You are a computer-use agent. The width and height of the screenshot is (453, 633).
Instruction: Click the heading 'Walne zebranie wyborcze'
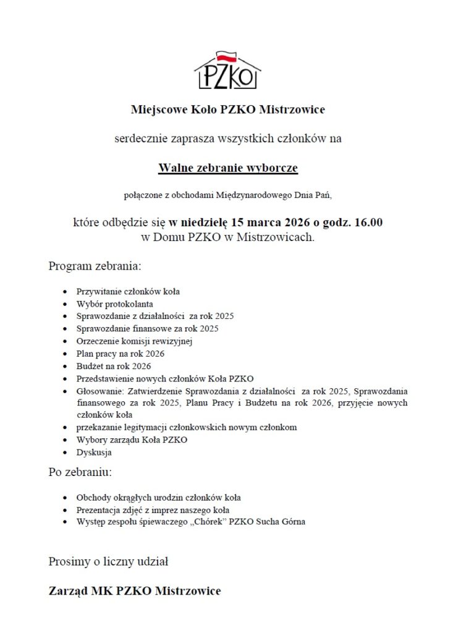pos(228,168)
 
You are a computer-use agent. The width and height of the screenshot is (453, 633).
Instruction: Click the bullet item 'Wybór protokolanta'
pos(115,304)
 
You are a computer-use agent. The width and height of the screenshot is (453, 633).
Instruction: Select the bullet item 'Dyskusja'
pos(94,452)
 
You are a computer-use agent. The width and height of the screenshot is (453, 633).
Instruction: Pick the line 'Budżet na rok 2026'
pos(114,366)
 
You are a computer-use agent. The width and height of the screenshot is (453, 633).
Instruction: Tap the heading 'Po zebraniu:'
pos(80,473)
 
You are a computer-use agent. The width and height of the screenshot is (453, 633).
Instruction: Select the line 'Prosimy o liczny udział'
pos(109,562)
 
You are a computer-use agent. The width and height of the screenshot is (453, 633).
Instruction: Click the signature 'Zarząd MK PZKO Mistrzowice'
pos(135,591)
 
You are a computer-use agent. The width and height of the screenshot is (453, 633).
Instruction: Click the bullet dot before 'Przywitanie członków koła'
pos(66,291)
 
